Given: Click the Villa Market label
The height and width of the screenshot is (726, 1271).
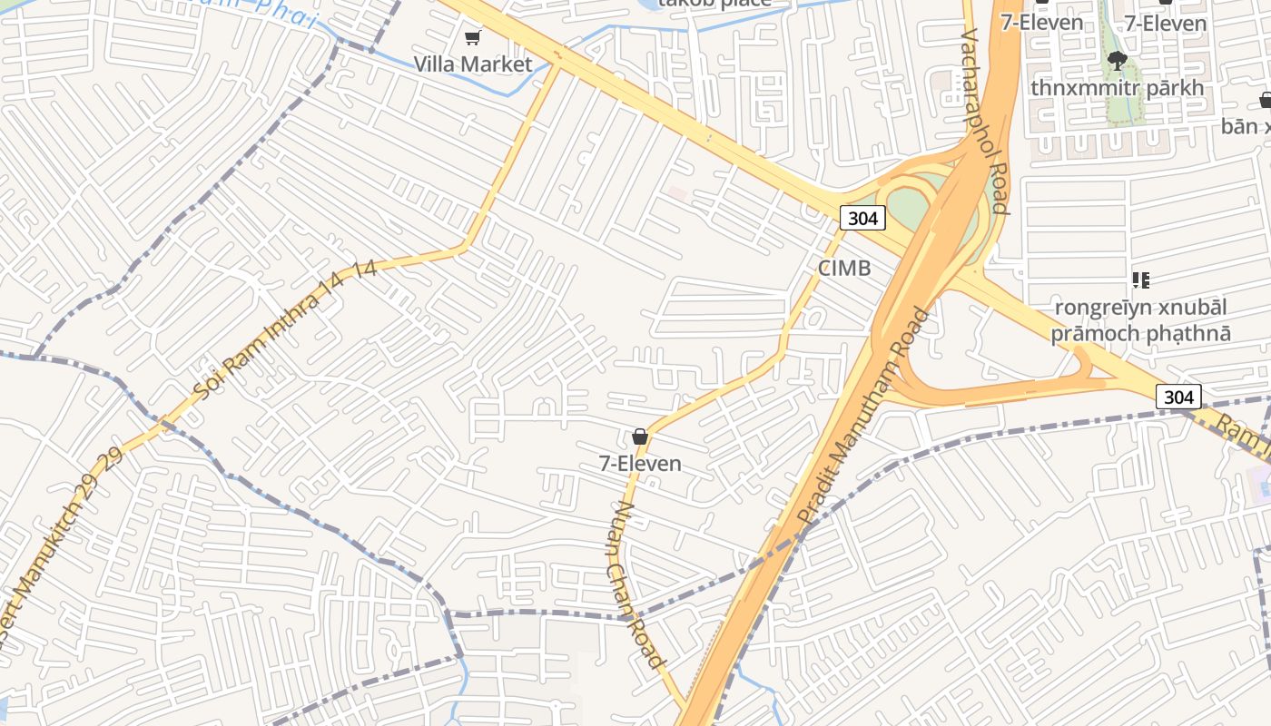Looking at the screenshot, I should point(473,64).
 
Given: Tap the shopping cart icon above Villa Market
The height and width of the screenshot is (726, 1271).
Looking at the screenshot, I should point(472,37).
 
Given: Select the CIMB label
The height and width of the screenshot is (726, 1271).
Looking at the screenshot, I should point(844,268).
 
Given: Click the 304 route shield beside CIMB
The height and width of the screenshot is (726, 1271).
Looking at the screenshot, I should point(862,218).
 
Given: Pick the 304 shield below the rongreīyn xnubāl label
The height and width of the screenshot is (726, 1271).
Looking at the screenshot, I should point(1178,397).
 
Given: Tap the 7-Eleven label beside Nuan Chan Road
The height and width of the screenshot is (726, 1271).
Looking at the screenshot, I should point(640,464).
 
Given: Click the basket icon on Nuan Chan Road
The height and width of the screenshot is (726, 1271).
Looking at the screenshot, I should point(640,437).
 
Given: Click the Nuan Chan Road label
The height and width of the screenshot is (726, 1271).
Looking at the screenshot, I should point(635,585).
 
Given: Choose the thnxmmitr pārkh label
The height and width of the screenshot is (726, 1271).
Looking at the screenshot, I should point(1117,88).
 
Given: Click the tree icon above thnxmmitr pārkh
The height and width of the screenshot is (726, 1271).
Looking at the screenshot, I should point(1118,61).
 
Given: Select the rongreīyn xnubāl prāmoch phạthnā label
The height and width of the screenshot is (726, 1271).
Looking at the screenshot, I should point(1141,319).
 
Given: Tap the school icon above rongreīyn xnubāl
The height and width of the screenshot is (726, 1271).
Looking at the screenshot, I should point(1141,280).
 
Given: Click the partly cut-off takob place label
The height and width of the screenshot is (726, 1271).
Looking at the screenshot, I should point(714,4).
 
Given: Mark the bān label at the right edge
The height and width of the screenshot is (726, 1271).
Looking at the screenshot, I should point(1246,126).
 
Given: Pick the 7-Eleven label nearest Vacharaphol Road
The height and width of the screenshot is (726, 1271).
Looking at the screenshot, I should point(1042,23).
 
